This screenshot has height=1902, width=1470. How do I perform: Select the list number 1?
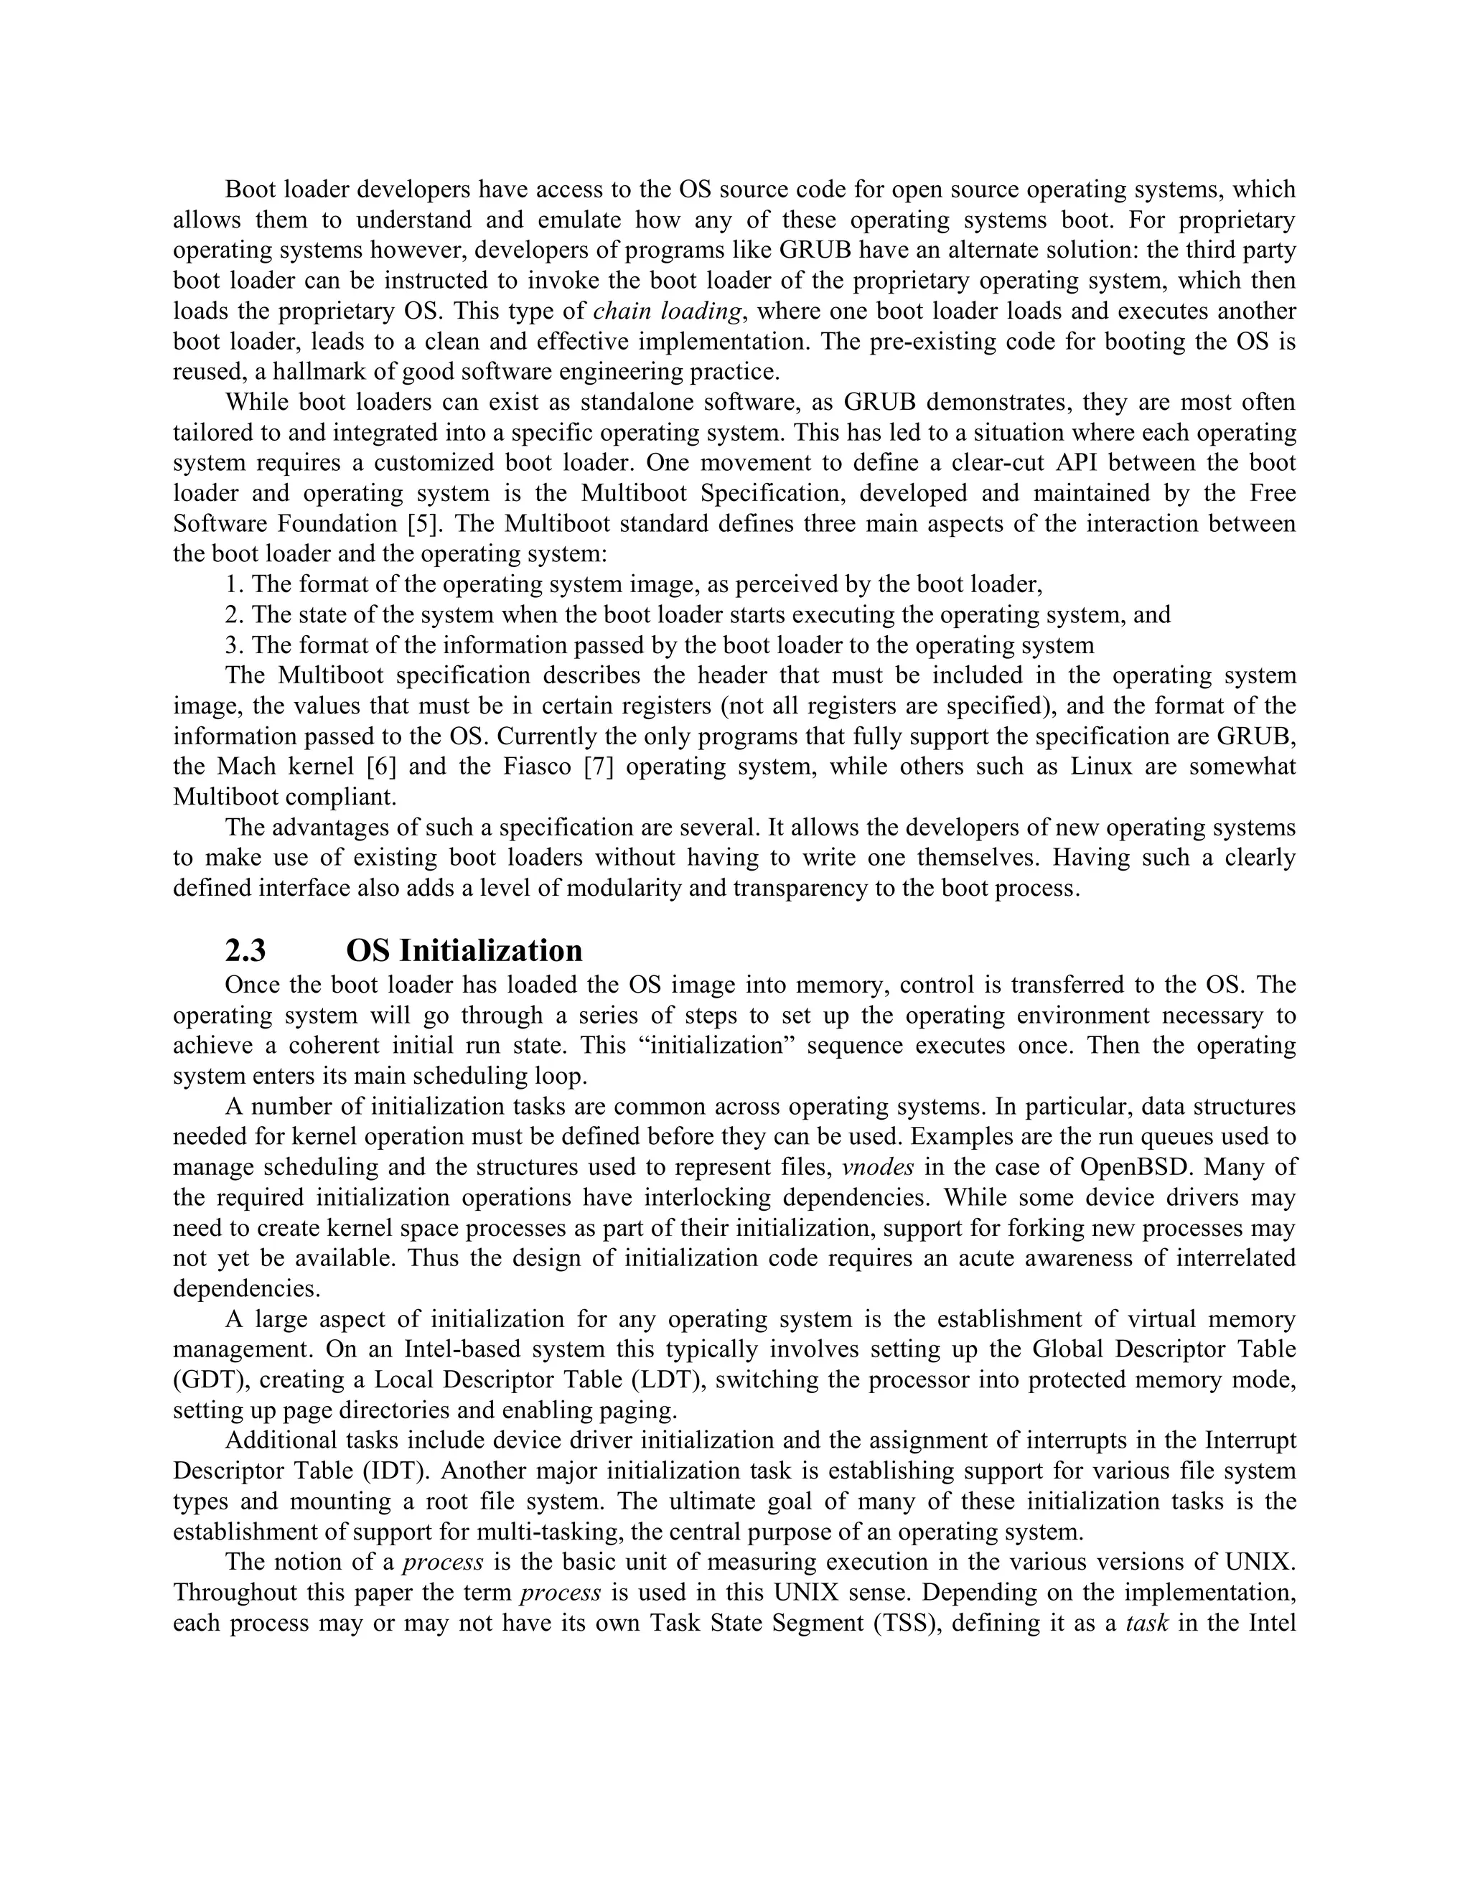[x=232, y=584]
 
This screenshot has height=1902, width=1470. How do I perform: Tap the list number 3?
[x=232, y=645]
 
